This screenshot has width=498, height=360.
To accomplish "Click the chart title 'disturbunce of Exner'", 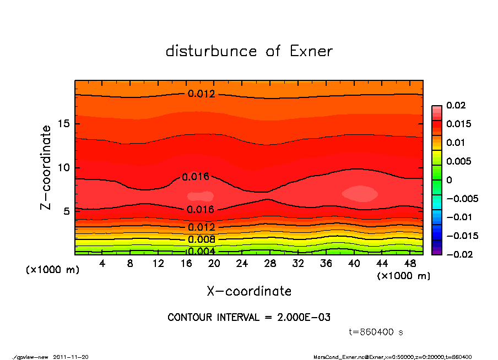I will coord(249,52).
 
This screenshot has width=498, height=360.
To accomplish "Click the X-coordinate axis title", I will coord(249,291).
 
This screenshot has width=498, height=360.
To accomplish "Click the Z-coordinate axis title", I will coord(46,167).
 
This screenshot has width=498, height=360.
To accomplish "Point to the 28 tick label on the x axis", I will coord(270,264).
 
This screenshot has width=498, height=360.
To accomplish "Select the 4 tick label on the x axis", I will coord(102,264).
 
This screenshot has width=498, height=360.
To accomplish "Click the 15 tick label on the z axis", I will coord(64,124).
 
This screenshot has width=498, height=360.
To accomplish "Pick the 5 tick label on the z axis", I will coord(67,211).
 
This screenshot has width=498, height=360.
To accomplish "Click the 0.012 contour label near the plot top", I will coord(201,94).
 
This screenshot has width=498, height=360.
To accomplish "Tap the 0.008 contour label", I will coord(201,239).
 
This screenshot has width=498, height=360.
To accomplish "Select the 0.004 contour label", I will coord(201,252).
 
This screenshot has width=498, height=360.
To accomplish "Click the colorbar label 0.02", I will coord(456,105).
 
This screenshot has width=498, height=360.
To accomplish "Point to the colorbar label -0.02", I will coord(458,254).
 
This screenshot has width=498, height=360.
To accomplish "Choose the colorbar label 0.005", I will coord(458,161).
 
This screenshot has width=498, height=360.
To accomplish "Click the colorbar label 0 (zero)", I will coord(449,180).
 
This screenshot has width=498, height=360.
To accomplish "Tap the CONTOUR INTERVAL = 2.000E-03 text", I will coord(249,318).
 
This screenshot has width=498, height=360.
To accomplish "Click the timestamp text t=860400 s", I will coord(376,332).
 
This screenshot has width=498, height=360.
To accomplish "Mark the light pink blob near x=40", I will coord(360,193).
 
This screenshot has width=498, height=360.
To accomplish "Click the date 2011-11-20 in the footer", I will coord(71,357).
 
